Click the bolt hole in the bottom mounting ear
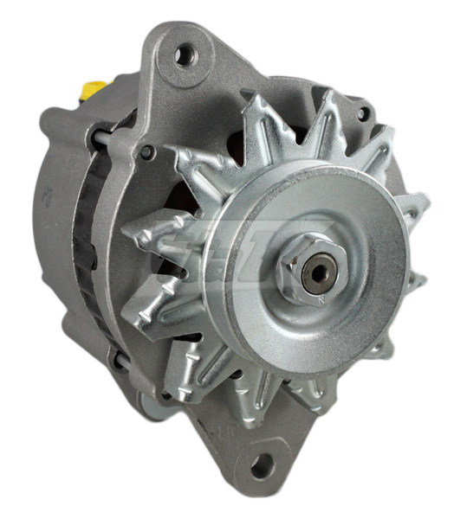tap(261, 468)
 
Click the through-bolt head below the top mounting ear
tap(147, 153)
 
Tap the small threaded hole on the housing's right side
tap(365, 112)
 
